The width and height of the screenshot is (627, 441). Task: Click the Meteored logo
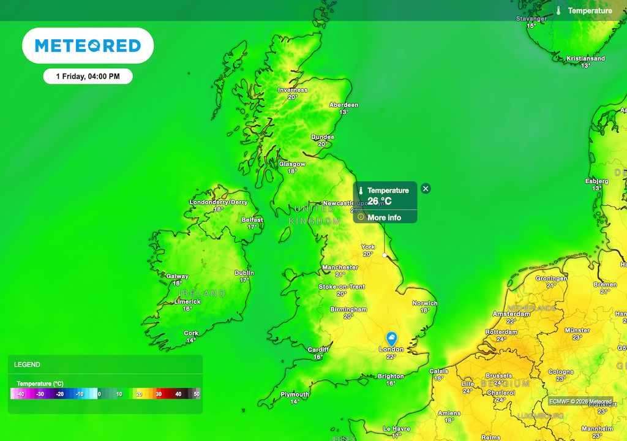pos(88,45)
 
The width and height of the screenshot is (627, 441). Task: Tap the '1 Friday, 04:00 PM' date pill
pos(88,77)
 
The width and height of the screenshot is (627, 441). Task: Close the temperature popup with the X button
pos(426,189)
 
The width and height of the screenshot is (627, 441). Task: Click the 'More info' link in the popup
pos(384,217)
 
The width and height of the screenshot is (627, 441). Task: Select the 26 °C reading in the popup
pos(380,201)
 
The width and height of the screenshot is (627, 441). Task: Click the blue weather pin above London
pos(392,338)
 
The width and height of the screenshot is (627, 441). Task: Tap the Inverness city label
pos(293,90)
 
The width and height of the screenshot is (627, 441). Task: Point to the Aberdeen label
pos(344,105)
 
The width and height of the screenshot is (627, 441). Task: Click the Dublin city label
pos(244,273)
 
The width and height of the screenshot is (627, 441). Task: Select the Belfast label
pos(252,220)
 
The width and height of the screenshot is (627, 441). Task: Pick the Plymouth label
pos(295,394)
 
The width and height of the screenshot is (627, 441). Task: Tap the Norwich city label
pos(425,303)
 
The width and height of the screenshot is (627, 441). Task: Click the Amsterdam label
pos(511,314)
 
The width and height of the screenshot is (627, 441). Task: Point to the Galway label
pos(178,276)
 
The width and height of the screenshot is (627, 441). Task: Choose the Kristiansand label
pos(585,59)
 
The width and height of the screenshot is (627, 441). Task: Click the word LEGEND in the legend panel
pos(27,364)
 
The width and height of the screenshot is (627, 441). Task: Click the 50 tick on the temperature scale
pos(196,394)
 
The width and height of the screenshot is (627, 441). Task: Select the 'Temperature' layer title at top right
pos(590,11)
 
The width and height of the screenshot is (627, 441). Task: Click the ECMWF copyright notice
pos(580,402)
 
